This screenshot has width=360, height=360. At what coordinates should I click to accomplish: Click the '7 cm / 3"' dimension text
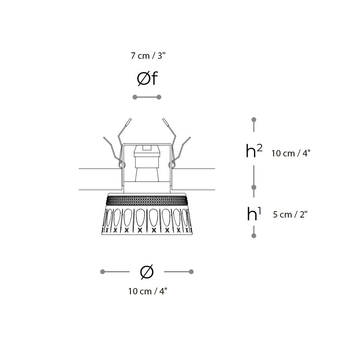tap(148, 56)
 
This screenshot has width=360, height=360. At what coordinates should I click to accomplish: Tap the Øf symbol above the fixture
tap(147, 78)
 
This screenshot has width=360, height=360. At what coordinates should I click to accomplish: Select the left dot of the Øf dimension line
tap(135, 97)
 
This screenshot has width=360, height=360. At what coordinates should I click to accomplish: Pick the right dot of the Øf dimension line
tap(159, 97)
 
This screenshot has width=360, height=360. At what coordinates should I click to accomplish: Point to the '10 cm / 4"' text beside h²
tap(291, 153)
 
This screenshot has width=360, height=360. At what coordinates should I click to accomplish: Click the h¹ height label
tap(254, 214)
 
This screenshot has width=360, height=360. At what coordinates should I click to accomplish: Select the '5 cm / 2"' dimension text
tap(290, 214)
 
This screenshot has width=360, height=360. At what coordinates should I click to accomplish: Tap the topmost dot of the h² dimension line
tap(254, 120)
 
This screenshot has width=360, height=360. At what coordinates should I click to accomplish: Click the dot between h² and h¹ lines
tap(254, 187)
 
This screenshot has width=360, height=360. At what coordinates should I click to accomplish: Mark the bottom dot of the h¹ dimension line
tap(254, 236)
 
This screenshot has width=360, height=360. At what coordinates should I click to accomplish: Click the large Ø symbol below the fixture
tap(147, 272)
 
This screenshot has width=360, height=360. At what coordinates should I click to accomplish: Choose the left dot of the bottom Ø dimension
tap(103, 272)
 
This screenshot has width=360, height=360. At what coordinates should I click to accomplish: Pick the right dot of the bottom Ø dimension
tap(191, 272)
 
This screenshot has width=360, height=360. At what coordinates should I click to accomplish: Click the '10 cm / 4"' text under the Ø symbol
tap(148, 291)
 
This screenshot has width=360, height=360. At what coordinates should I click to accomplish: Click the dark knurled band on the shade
tap(147, 200)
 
